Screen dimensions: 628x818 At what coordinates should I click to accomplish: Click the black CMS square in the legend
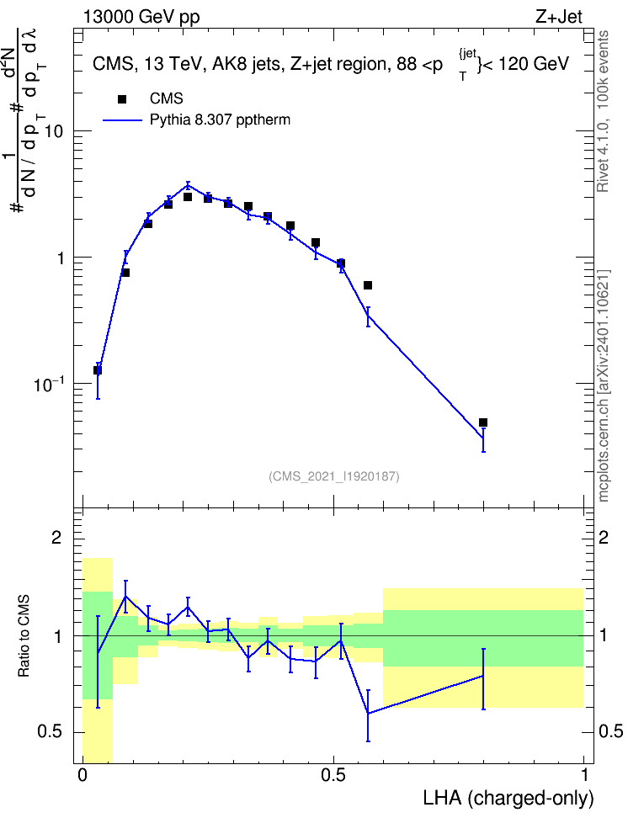tap(122, 98)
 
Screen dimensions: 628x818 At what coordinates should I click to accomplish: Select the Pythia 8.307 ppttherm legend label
tap(220, 120)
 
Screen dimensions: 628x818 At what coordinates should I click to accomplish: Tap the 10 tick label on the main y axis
tap(53, 131)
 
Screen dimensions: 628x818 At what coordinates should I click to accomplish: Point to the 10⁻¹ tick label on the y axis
tap(49, 385)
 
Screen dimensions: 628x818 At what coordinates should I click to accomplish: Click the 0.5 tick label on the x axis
tap(333, 775)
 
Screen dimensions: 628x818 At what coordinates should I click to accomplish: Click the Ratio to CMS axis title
tap(24, 636)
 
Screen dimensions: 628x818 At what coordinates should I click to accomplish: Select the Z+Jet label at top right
tap(559, 17)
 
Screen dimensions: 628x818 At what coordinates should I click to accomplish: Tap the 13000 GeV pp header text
tap(141, 18)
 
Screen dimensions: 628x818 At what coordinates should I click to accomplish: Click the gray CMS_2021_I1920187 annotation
tap(334, 476)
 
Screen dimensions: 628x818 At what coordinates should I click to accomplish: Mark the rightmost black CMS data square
tap(483, 422)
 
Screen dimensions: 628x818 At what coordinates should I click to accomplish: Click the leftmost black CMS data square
tap(97, 370)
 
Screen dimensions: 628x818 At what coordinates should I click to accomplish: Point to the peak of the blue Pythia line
tap(188, 184)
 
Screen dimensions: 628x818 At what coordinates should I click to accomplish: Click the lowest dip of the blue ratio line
tap(368, 713)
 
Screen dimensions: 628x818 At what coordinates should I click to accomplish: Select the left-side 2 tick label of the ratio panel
tap(56, 537)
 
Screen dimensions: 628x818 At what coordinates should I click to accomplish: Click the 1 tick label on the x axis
tap(584, 775)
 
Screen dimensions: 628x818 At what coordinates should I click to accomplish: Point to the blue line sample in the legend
tap(122, 120)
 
